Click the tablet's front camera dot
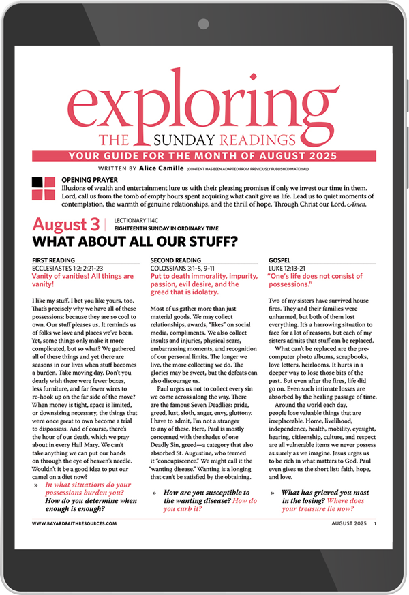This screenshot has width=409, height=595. click(x=204, y=24)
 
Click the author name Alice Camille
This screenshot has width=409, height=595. click(x=162, y=168)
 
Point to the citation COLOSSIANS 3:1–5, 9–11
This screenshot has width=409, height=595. click(x=187, y=268)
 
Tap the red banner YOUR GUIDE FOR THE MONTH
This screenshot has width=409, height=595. click(x=204, y=155)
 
